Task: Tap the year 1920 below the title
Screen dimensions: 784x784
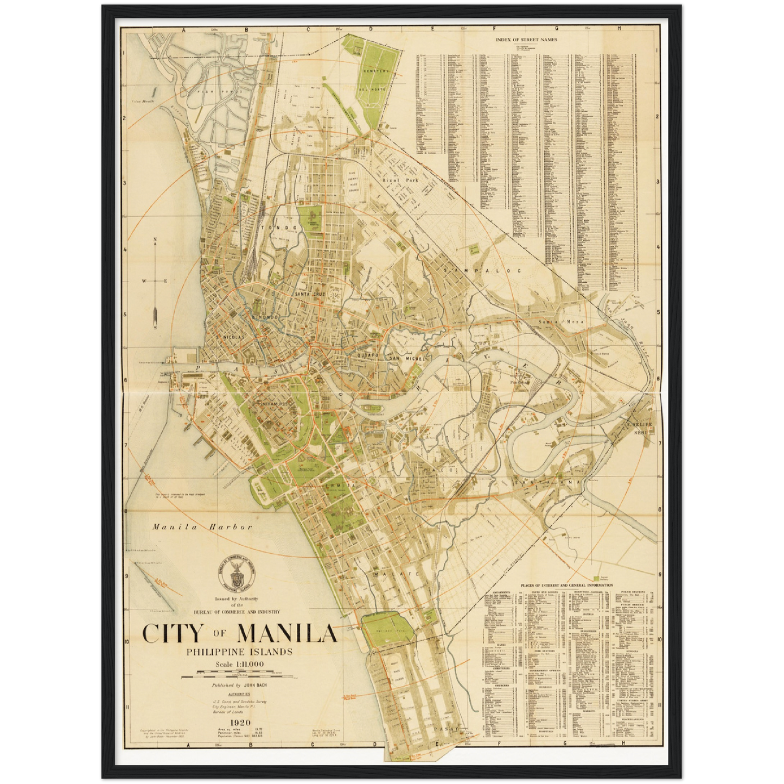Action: click(239, 722)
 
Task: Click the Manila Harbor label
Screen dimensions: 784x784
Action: click(202, 527)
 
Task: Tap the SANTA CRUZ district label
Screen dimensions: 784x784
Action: click(310, 294)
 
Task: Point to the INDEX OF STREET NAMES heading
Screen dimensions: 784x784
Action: click(526, 39)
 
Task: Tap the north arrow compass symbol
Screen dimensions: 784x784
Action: click(156, 282)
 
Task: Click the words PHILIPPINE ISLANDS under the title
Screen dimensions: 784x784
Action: click(239, 651)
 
